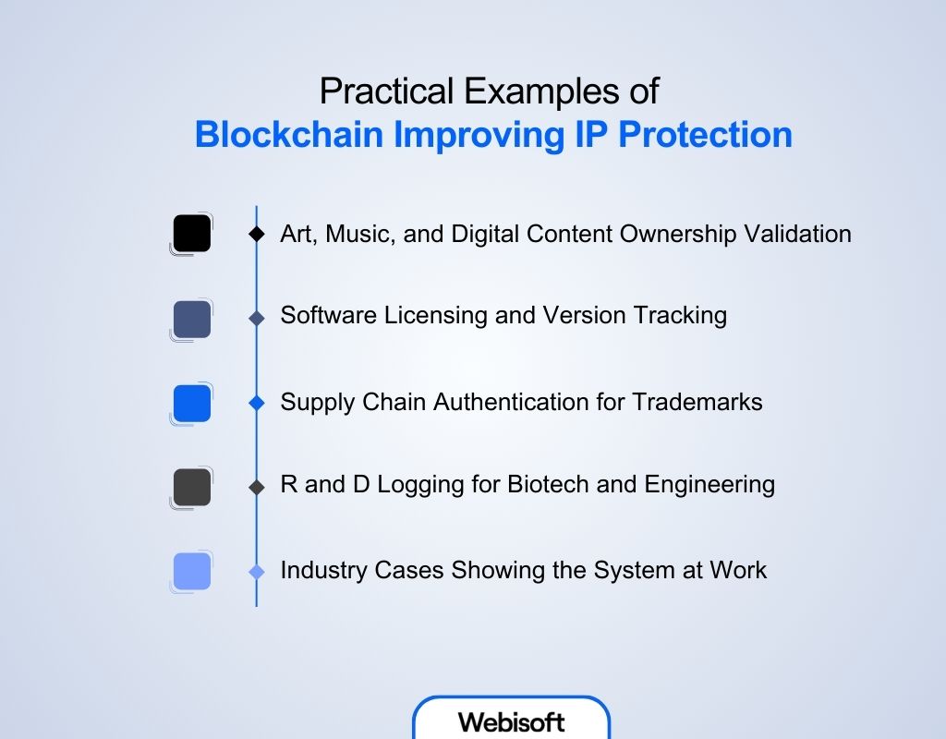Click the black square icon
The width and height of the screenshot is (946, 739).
192,234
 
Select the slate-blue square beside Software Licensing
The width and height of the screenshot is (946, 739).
192,319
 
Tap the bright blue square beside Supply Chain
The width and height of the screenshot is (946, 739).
192,404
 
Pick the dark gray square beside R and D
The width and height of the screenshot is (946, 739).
192,487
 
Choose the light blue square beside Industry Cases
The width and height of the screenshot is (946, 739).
192,571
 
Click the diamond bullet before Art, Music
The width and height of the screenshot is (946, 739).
257,235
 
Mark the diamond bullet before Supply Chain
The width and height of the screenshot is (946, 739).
257,404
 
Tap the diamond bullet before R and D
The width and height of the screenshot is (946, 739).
257,487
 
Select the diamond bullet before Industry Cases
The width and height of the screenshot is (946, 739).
257,572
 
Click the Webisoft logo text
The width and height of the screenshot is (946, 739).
511,721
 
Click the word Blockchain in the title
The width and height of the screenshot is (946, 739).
289,134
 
